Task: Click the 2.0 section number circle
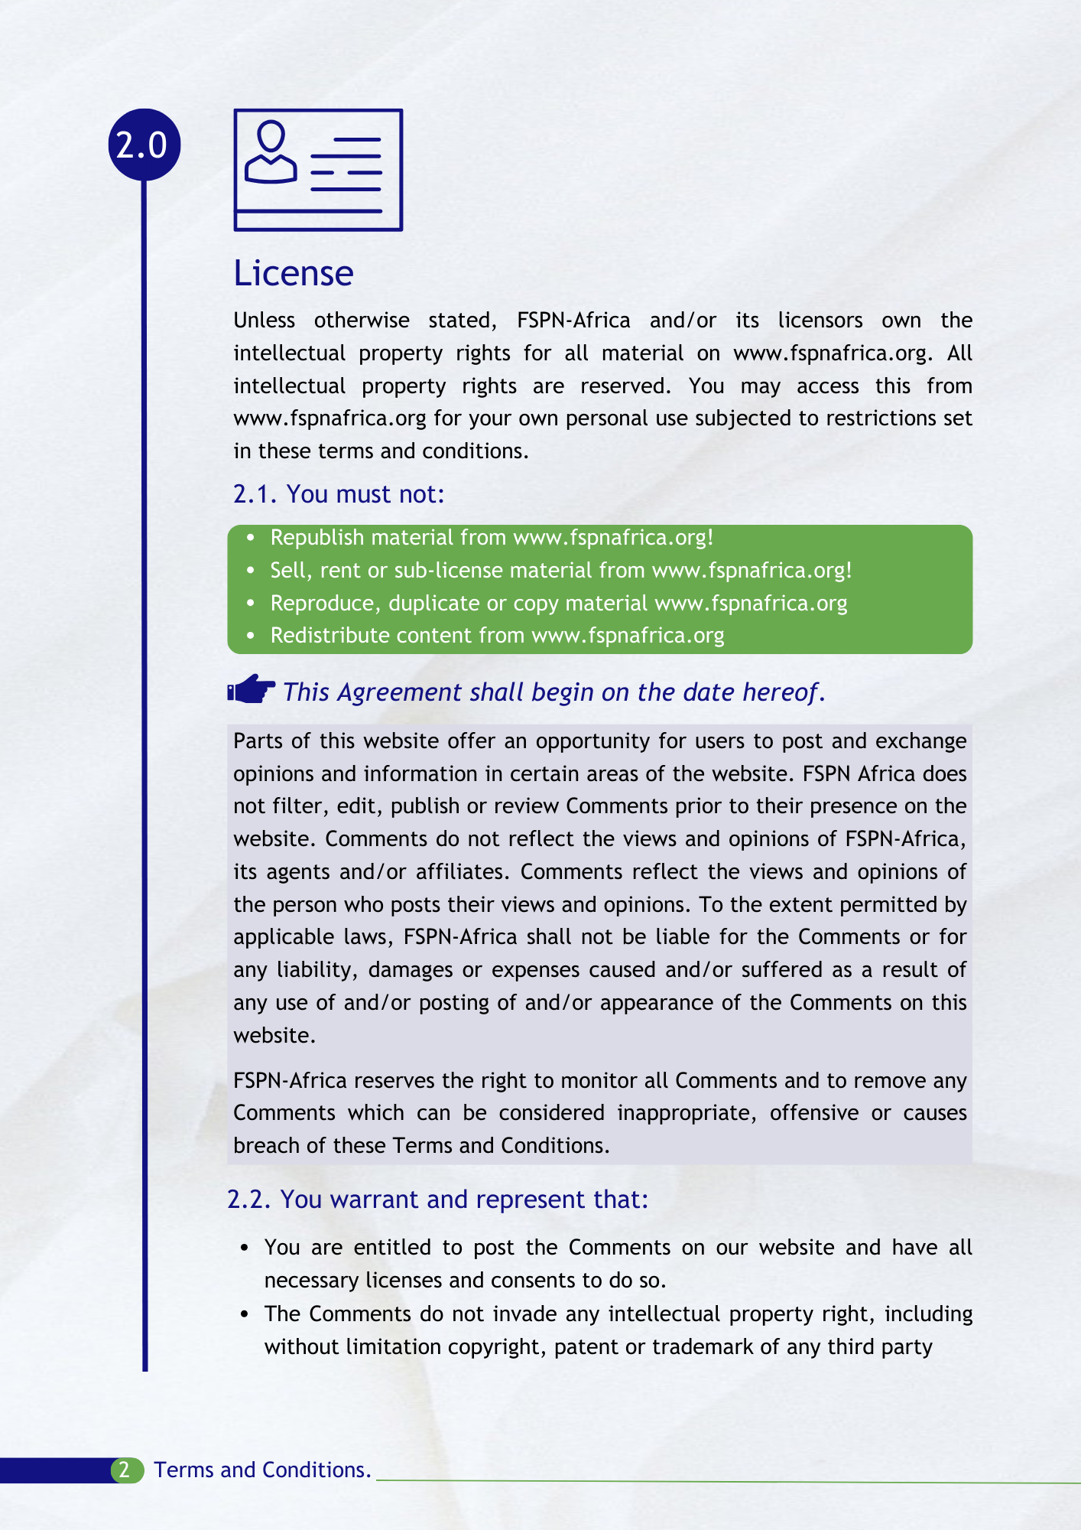[144, 145]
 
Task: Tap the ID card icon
[318, 170]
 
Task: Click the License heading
[293, 273]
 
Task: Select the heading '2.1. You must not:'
[338, 494]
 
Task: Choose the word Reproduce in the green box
[321, 604]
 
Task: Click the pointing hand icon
[252, 689]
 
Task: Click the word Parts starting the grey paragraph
[258, 741]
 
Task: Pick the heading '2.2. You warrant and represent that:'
[437, 1200]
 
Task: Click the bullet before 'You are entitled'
[245, 1248]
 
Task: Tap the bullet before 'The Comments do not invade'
[245, 1315]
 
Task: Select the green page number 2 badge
[125, 1470]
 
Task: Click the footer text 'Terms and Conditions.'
[262, 1470]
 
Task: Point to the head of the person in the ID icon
[271, 136]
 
